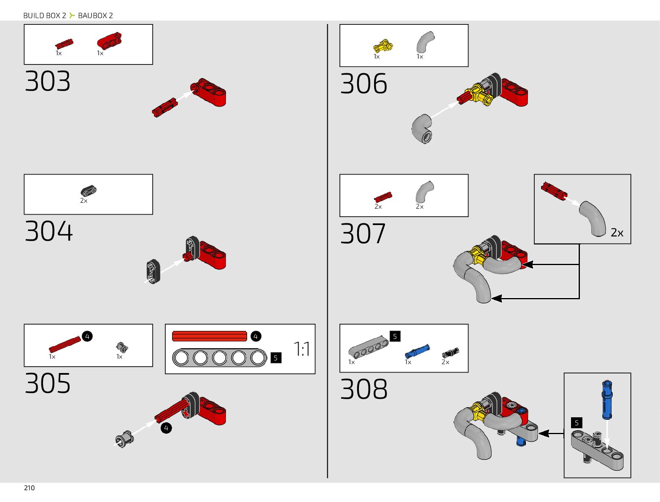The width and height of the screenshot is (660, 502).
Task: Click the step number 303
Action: (48, 81)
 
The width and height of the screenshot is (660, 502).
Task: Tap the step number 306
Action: (364, 83)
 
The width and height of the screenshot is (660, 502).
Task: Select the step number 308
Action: (364, 389)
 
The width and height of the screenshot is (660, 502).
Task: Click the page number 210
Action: (30, 488)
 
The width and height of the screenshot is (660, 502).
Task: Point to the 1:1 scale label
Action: (302, 349)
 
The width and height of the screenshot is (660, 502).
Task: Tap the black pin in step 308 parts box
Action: (450, 352)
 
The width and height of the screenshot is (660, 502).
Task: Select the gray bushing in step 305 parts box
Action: (122, 347)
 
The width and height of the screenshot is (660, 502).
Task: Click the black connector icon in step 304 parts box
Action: (89, 191)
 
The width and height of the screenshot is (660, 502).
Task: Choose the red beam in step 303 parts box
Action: (110, 41)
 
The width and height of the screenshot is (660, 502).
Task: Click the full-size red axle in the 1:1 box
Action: (210, 336)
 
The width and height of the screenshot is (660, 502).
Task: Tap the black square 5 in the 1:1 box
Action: (276, 358)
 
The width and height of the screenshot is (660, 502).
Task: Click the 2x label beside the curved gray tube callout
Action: (617, 233)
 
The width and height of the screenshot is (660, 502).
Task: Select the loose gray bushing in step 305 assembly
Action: (124, 439)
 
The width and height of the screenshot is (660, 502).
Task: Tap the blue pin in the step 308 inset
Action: (606, 400)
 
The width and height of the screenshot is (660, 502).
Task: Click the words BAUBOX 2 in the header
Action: (95, 16)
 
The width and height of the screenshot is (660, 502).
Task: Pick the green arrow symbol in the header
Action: (72, 16)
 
